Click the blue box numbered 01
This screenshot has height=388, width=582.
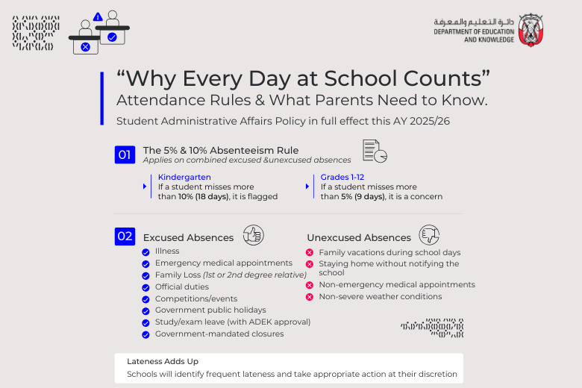[x=124, y=155]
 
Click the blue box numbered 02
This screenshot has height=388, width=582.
[x=124, y=237]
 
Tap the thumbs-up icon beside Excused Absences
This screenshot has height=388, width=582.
[x=254, y=236]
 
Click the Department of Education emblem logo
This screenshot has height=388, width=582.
[x=531, y=31]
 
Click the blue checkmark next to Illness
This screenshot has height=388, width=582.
[x=145, y=251]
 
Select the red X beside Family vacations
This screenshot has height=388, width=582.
[x=310, y=253]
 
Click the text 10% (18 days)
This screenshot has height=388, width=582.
[x=198, y=197]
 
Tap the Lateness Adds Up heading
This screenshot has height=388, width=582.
[x=163, y=361]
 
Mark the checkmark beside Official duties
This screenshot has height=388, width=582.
[x=145, y=287]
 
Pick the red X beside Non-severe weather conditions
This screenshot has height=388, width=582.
[x=310, y=297]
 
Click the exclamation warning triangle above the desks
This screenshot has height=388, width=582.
[x=98, y=16]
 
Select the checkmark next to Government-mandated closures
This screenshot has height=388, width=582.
[x=145, y=334]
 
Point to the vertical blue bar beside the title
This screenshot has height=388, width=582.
[x=101, y=98]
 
